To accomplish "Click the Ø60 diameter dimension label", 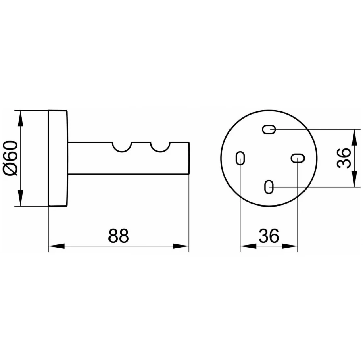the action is click(x=10, y=158).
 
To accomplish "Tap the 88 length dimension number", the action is click(x=118, y=236).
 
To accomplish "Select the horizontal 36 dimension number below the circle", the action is click(x=269, y=236).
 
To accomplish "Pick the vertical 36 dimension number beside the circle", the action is click(x=344, y=158).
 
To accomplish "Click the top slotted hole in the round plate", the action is click(x=269, y=129).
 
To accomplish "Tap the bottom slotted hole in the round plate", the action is click(x=269, y=187).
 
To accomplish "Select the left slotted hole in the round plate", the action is click(x=240, y=158).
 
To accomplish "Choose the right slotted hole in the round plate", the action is click(x=298, y=158).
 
